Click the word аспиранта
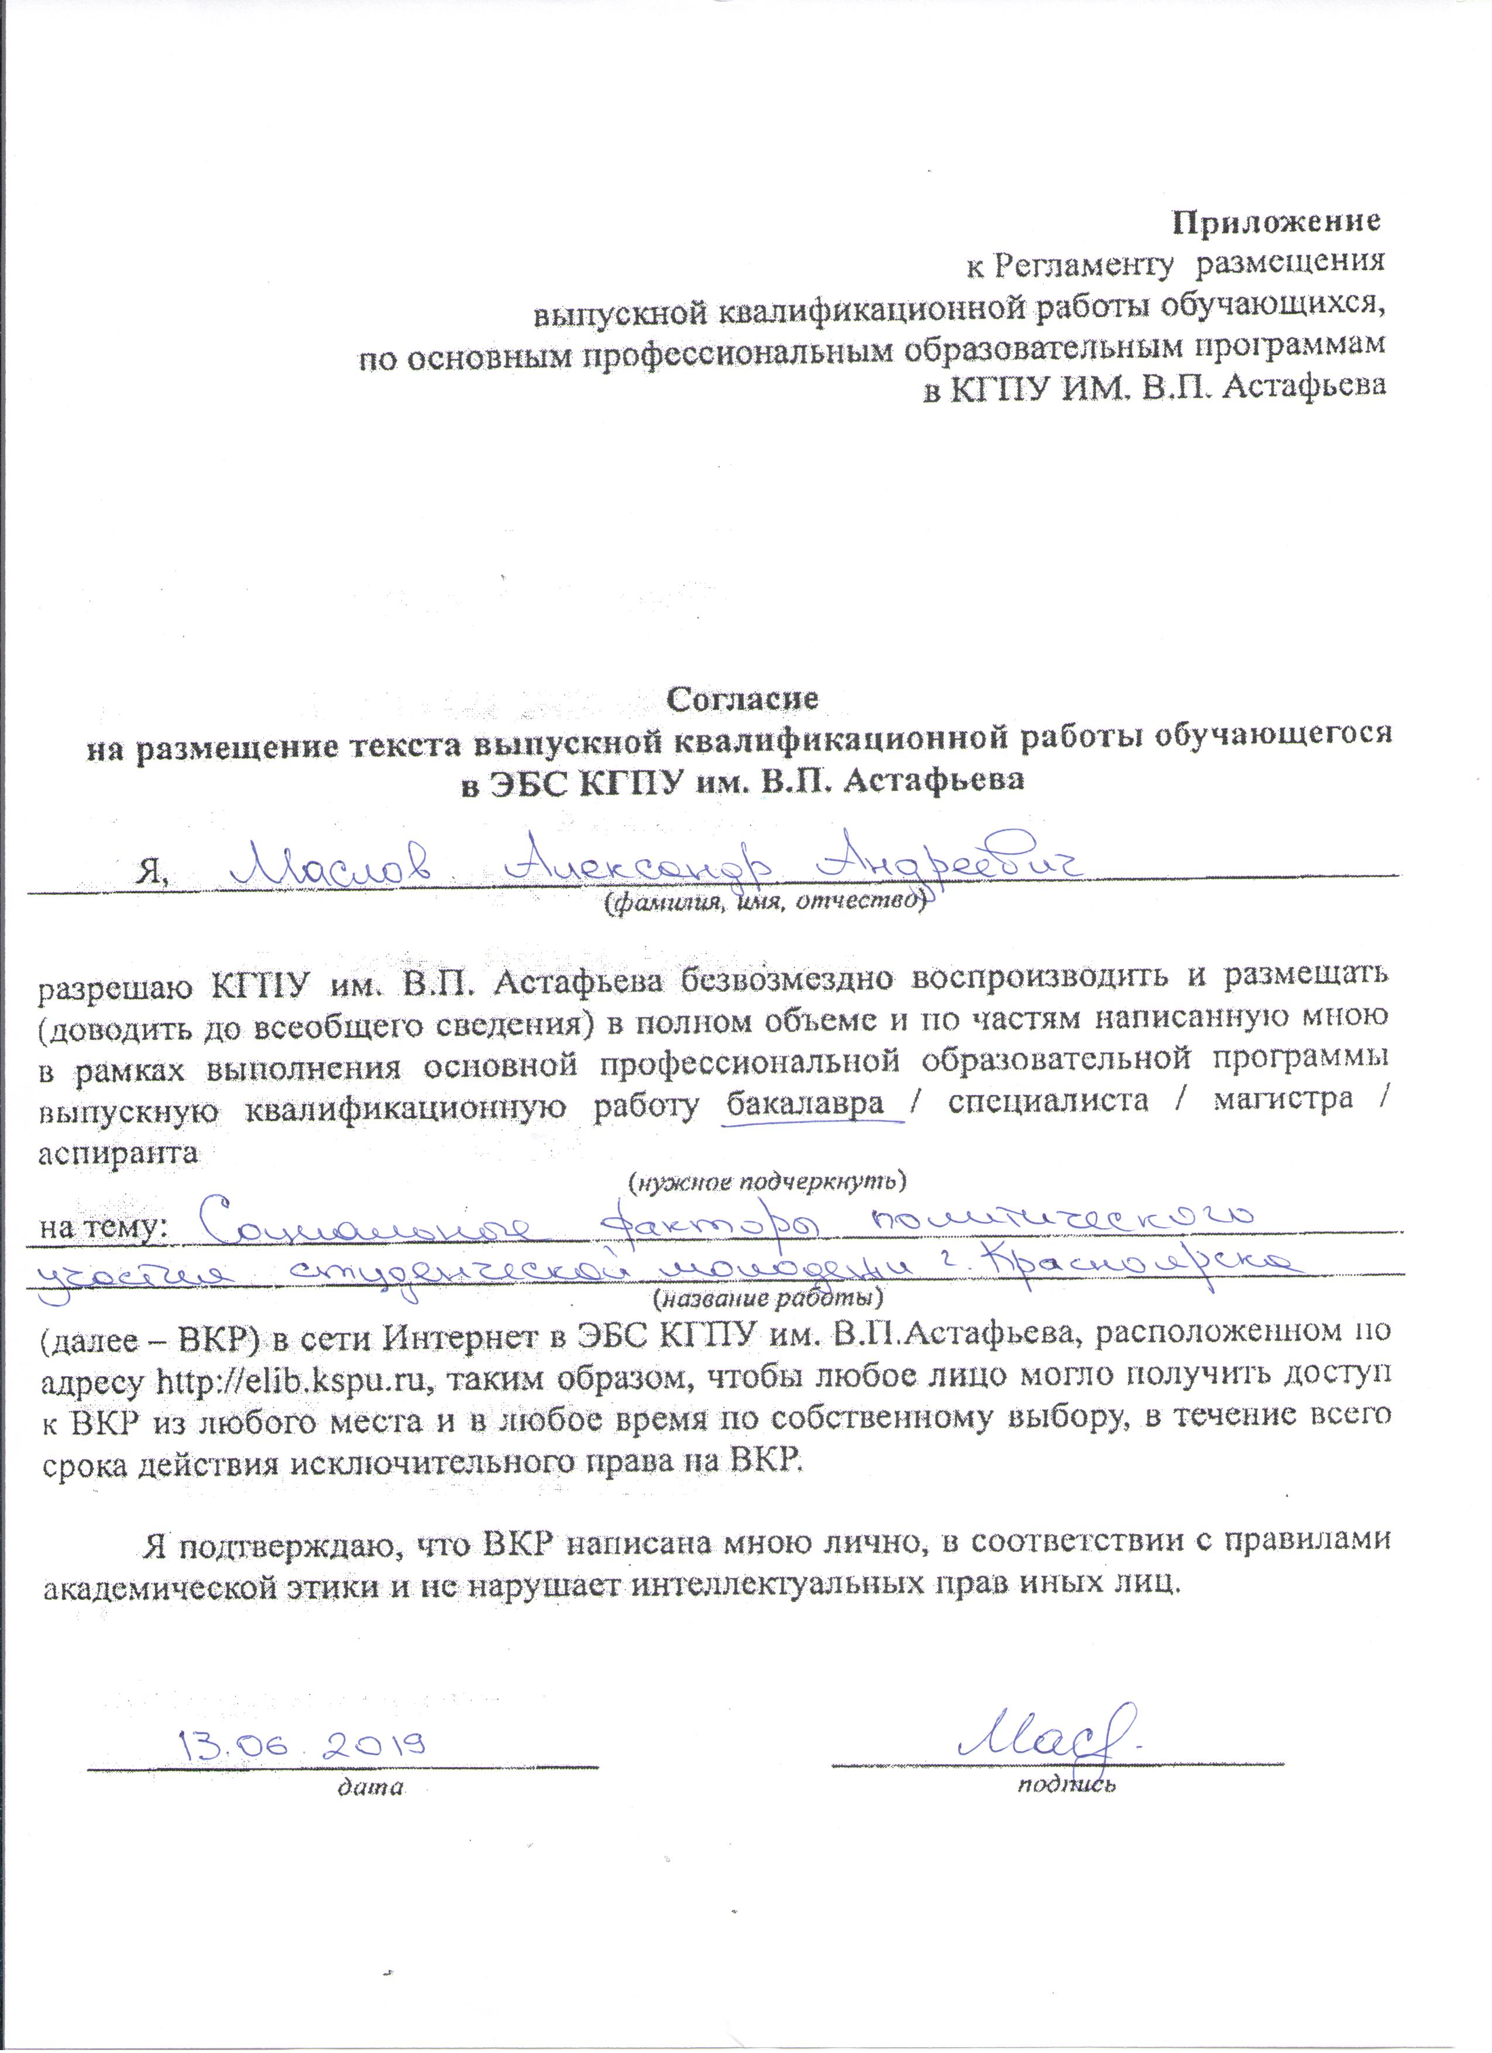coord(117,1153)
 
